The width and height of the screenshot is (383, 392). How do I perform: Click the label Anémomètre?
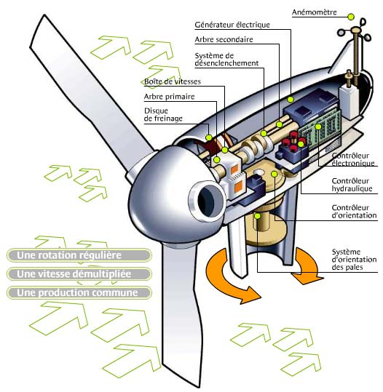[314, 12]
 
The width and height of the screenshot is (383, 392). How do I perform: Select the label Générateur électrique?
[232, 25]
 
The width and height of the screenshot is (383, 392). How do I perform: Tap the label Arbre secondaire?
[224, 39]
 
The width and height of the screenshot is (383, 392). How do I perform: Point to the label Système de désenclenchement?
[226, 60]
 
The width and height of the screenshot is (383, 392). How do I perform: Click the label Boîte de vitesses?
[173, 81]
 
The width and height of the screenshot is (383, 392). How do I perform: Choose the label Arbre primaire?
[169, 97]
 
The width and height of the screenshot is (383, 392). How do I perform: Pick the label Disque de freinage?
[163, 114]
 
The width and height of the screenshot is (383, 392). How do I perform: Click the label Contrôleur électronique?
[353, 159]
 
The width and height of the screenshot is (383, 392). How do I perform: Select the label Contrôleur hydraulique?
[352, 185]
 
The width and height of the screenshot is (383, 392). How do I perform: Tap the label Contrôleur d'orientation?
[354, 212]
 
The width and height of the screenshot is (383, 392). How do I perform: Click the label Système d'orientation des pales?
[354, 259]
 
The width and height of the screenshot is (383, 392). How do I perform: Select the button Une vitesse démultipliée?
[79, 273]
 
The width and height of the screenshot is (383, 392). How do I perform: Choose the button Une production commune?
[79, 292]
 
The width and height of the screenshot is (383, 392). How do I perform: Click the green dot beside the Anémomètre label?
[351, 17]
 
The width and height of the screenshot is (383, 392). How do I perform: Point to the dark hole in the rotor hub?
[206, 199]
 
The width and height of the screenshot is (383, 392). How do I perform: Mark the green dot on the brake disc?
[209, 137]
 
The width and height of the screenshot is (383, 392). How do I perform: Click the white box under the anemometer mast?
[349, 102]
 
